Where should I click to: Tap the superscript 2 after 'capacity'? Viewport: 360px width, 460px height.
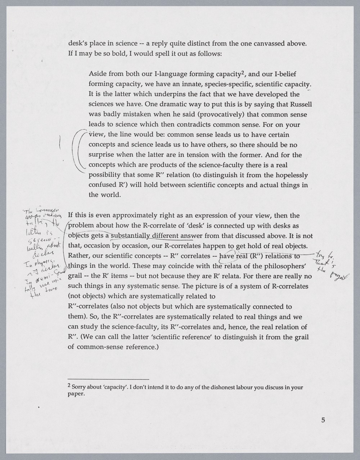[243, 73]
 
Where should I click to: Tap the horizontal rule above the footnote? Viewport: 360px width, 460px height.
[108, 379]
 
